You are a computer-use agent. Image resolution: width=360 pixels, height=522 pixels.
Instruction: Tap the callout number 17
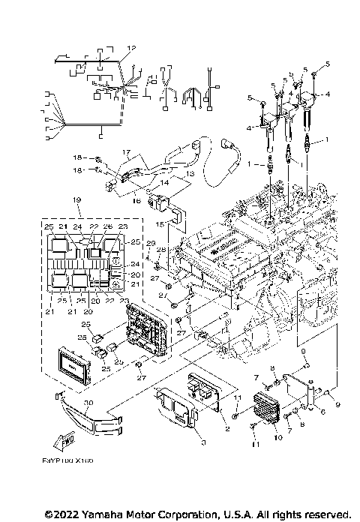click(127, 151)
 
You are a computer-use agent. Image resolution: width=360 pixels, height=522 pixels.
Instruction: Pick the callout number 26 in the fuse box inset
click(106, 226)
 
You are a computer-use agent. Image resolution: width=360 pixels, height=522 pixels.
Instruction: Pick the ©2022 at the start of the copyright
click(61, 514)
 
